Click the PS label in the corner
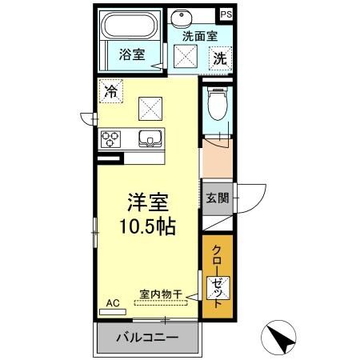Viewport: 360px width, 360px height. (x=226, y=14)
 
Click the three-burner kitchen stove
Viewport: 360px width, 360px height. (x=110, y=138)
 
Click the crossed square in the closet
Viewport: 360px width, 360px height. (x=217, y=285)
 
